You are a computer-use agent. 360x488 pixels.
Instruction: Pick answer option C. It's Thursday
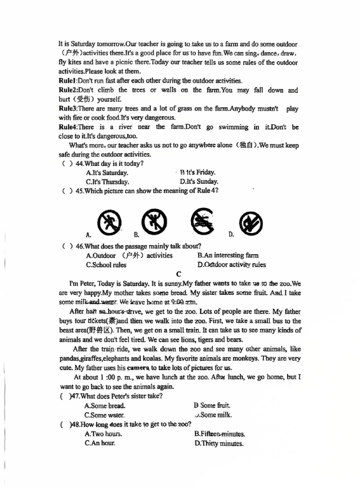tap(108, 182)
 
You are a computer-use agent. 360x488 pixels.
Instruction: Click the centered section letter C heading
tap(179, 274)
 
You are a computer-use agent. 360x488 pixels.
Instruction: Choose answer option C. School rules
tap(106, 265)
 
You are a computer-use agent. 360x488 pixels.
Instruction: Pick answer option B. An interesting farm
tap(228, 255)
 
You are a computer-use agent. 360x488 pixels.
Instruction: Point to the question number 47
tap(74, 395)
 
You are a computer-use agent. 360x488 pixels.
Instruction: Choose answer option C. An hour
tap(100, 443)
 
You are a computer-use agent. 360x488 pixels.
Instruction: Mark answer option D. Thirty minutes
tap(219, 443)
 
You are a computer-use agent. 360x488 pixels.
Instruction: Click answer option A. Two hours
tap(103, 434)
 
